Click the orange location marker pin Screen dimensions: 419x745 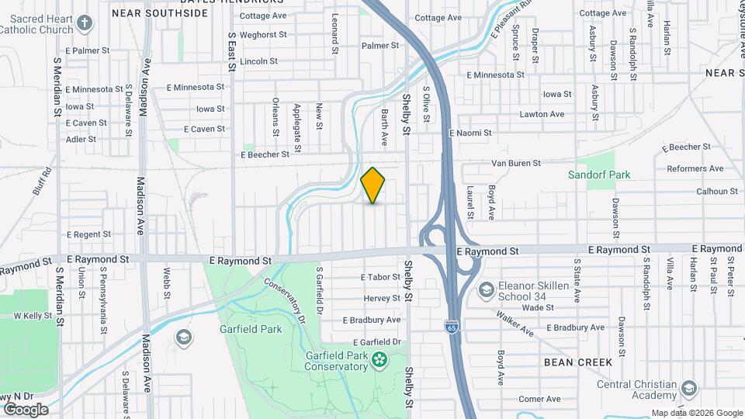click(373, 185)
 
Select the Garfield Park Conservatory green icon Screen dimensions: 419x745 click(379, 358)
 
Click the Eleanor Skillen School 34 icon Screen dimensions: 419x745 click(487, 290)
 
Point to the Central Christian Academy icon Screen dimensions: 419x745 click(688, 388)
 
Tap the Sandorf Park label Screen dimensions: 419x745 click(599, 175)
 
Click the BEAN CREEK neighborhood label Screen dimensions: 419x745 click(578, 362)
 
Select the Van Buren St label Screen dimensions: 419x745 click(515, 163)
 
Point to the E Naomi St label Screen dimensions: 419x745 click(470, 133)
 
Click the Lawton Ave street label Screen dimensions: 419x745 click(542, 114)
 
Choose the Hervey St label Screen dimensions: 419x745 click(381, 298)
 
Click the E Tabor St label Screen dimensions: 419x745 click(380, 277)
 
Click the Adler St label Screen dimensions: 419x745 click(81, 140)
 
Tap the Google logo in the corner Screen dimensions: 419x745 click(25, 409)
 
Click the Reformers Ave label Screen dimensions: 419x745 click(695, 168)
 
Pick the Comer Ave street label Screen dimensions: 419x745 click(539, 399)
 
